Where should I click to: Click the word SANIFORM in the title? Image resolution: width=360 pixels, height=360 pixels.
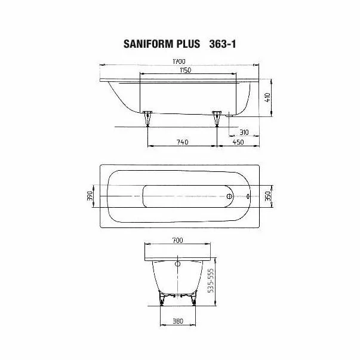(149, 44)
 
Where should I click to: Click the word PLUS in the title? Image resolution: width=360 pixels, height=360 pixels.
(188, 44)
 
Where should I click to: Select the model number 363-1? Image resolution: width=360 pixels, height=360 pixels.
(223, 44)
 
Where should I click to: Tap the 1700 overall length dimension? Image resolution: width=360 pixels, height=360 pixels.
(179, 61)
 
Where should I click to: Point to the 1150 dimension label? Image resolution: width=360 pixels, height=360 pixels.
(186, 70)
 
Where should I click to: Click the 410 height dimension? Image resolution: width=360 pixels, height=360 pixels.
(267, 97)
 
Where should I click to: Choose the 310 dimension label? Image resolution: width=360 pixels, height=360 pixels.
(244, 133)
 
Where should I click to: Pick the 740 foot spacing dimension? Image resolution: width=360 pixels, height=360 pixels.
(183, 142)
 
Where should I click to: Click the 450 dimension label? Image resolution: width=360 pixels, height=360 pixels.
(238, 142)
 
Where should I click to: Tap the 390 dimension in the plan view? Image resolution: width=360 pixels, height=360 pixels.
(90, 196)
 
